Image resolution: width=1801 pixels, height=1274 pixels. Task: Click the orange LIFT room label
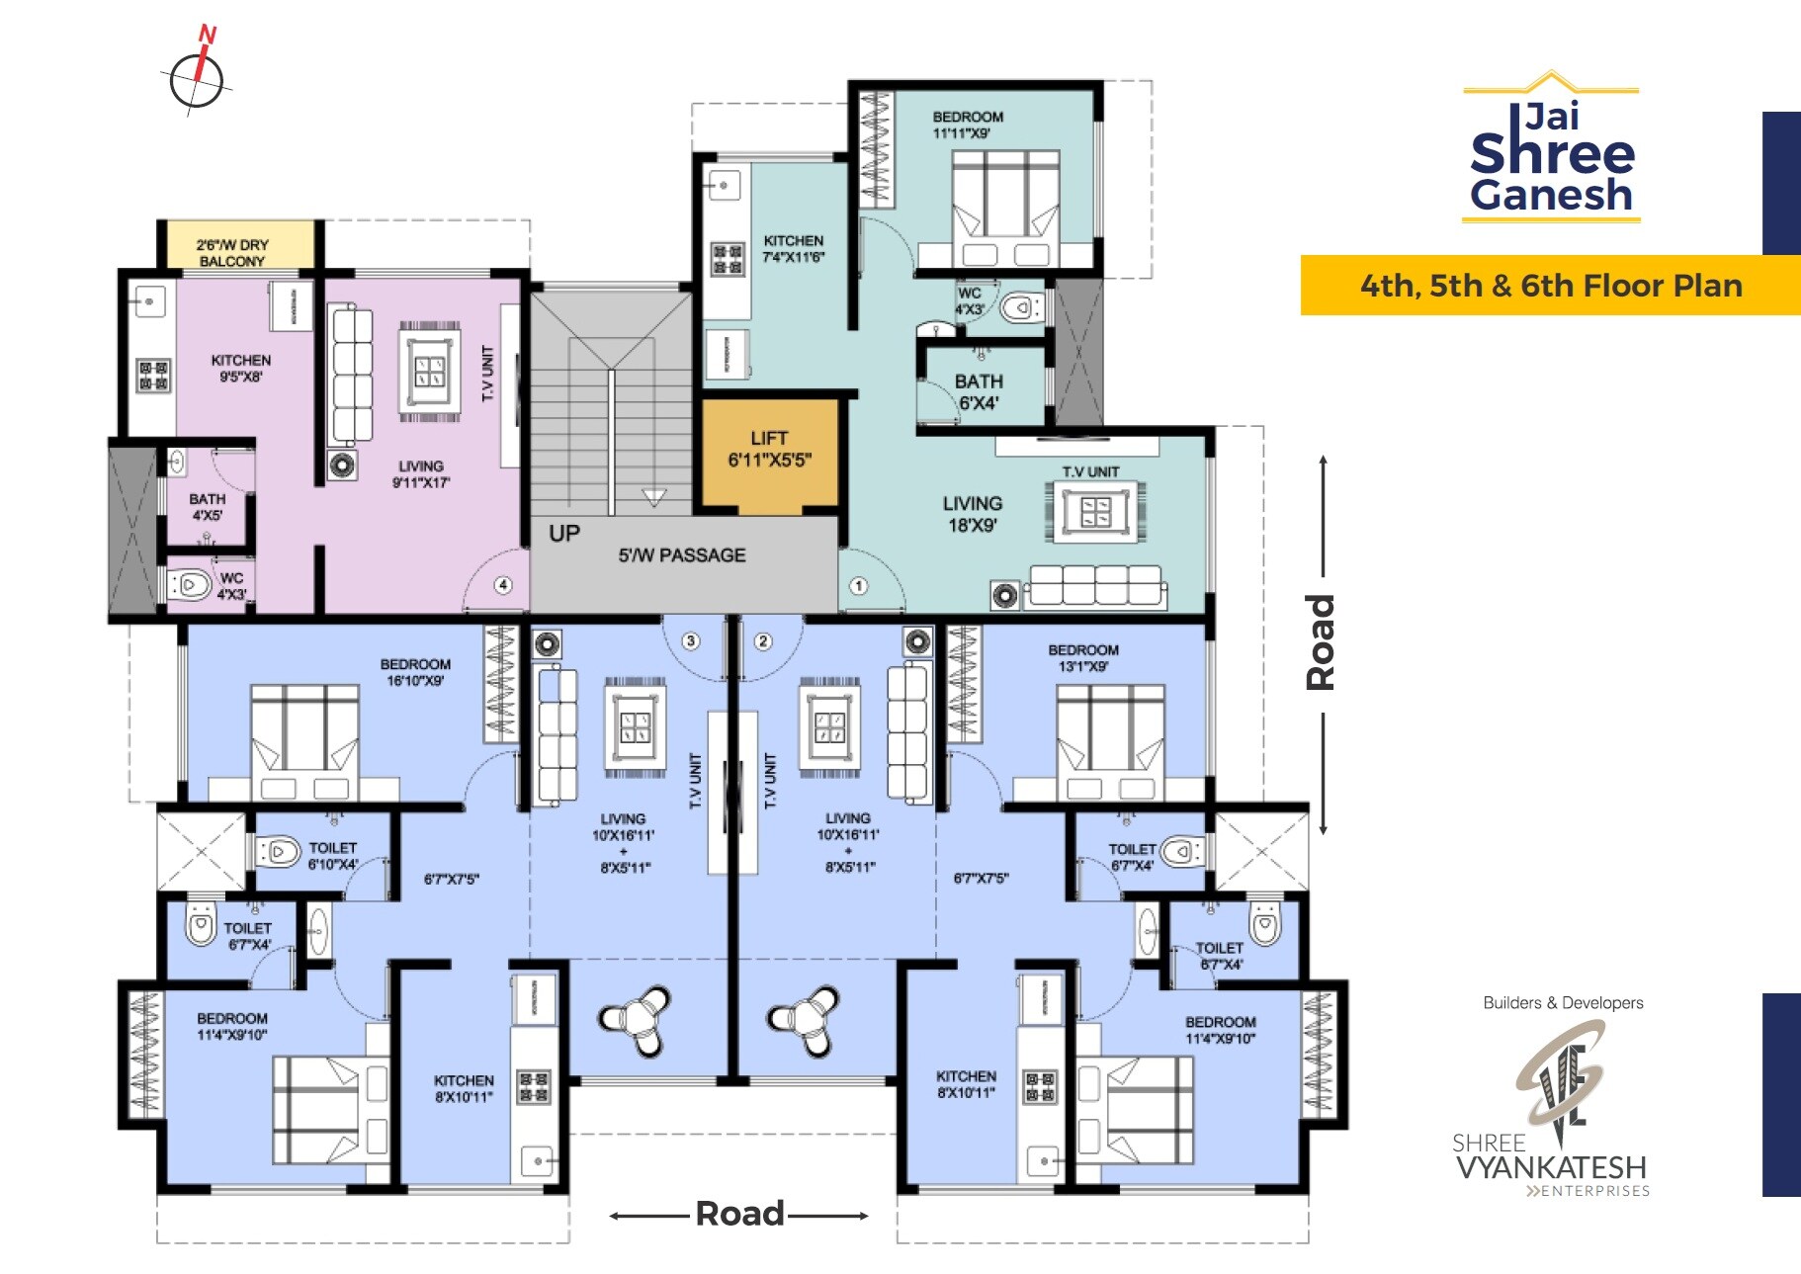[x=769, y=449]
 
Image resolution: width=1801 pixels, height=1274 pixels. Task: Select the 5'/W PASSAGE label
[x=682, y=555]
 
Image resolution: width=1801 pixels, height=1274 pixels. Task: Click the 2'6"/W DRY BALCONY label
[x=232, y=252]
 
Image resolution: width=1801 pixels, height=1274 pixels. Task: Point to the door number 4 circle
[x=503, y=585]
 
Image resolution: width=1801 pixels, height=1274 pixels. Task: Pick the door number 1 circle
[x=858, y=586]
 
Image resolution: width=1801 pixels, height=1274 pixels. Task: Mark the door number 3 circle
[x=691, y=641]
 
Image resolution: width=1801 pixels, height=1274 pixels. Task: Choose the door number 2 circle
[x=763, y=641]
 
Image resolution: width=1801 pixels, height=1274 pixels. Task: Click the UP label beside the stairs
[x=564, y=534]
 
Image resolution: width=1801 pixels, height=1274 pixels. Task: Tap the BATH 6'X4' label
[x=979, y=392]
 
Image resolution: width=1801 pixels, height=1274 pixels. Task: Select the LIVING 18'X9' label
[x=973, y=514]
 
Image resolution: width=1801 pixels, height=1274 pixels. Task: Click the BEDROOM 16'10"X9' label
[x=415, y=672]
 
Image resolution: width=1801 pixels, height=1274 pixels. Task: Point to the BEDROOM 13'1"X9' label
[x=1083, y=658]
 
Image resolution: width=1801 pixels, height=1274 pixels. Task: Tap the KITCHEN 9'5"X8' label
[x=240, y=368]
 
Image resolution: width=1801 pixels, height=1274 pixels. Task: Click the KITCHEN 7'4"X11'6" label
[x=793, y=248]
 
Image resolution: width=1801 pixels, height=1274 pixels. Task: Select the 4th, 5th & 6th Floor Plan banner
[x=1550, y=286]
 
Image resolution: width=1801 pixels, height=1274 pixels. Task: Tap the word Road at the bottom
[x=739, y=1214]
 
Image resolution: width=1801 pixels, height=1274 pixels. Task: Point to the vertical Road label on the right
[x=1321, y=641]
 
